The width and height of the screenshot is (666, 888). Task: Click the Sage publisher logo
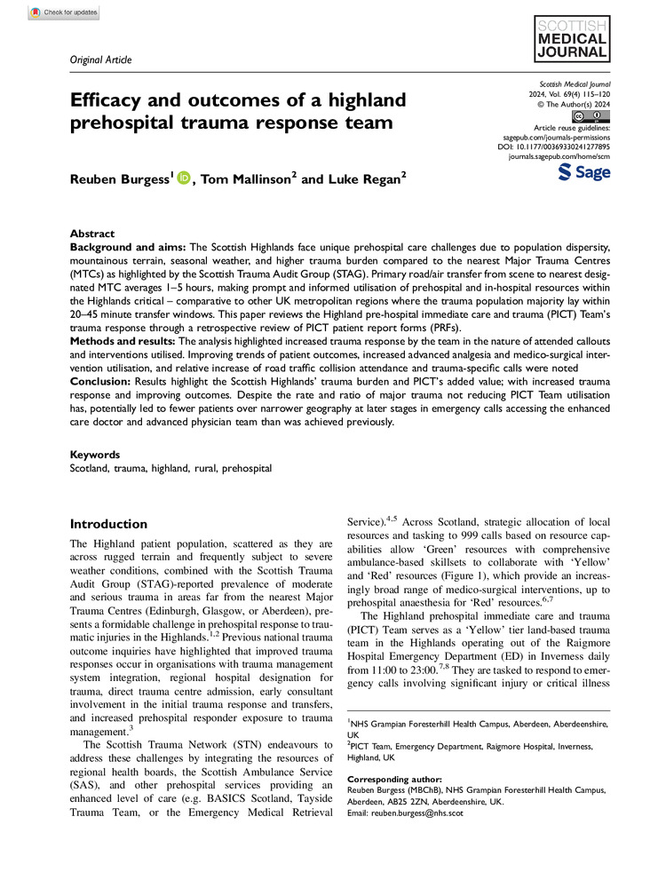[x=584, y=172]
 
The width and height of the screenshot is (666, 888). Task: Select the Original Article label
[x=99, y=59]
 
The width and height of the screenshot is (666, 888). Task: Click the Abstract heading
[x=91, y=230]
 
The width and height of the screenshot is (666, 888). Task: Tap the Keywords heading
[x=96, y=453]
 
